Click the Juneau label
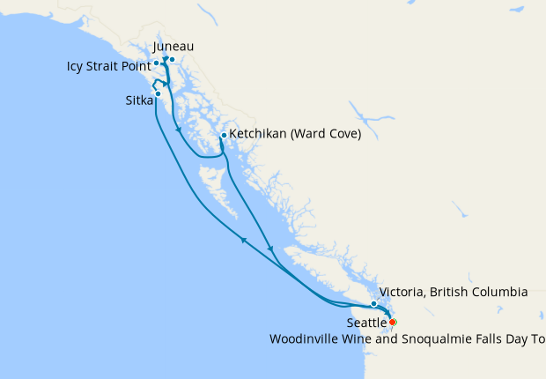[x=173, y=46]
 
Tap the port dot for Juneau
[x=172, y=60]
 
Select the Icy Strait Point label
[x=107, y=65]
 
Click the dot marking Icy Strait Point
[x=156, y=63]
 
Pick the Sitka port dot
[x=158, y=93]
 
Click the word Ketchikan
[x=260, y=136]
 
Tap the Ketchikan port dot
[x=224, y=135]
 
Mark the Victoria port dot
[x=374, y=304]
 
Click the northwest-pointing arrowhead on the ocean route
[x=243, y=238]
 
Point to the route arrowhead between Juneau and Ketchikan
[x=179, y=130]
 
